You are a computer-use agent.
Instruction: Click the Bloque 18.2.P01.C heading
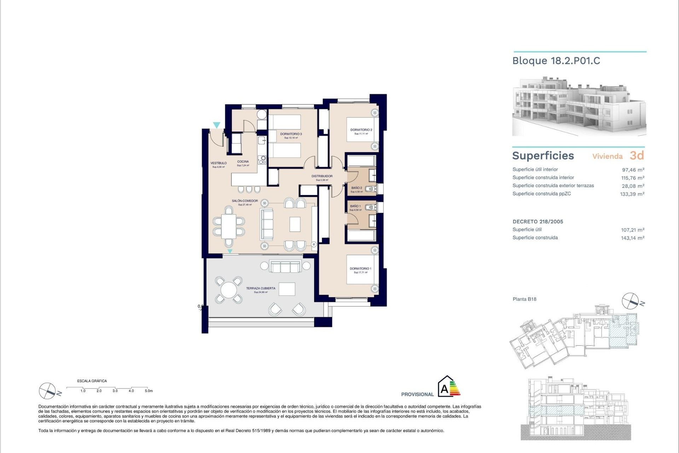[x=556, y=61]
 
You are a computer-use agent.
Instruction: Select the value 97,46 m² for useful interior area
[x=633, y=170]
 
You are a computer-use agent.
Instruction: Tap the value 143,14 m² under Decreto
[x=633, y=238]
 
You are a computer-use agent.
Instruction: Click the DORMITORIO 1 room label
[x=360, y=269]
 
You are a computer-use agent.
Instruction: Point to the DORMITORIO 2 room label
[x=361, y=130]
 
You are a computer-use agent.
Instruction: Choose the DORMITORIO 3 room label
[x=291, y=134]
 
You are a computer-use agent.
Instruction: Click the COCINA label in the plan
[x=243, y=162]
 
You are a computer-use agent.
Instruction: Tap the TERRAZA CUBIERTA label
[x=261, y=288]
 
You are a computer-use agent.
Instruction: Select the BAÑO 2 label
[x=356, y=188]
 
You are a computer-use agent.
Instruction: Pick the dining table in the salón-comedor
[x=229, y=226]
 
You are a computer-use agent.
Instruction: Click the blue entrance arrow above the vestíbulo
[x=216, y=125]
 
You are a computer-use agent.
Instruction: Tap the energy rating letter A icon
[x=445, y=389]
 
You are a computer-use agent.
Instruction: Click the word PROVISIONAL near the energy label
[x=417, y=394]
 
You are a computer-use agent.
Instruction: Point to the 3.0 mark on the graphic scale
[x=115, y=391]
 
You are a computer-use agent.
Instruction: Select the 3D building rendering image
[x=579, y=106]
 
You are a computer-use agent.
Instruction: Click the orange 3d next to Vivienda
[x=637, y=155]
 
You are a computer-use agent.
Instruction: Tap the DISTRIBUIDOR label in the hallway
[x=322, y=176]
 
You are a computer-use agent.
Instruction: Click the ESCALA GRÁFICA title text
[x=92, y=381]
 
